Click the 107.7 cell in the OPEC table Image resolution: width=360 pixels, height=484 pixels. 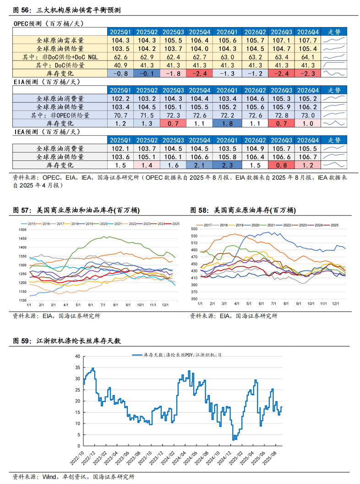tap(308, 40)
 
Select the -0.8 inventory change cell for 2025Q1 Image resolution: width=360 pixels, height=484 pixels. tap(120, 73)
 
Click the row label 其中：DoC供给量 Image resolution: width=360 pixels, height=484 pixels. tap(60, 65)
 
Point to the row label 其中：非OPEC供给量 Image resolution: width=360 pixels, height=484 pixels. tap(60, 115)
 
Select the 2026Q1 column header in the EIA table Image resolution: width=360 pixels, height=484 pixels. tap(227, 90)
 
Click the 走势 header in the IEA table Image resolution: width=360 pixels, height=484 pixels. tap(334, 140)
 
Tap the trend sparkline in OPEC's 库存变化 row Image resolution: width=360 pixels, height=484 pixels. tap(334, 73)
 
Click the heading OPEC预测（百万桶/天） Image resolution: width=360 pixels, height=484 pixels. tap(49, 23)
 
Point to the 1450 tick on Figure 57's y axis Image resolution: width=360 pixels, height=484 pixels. tap(22, 239)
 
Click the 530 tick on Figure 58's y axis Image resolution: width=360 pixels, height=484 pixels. tap(194, 236)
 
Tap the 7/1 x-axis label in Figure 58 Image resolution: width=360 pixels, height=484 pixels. tap(273, 304)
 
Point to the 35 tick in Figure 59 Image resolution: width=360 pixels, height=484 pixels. tap(77, 368)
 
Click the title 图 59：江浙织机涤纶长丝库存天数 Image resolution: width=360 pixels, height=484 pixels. tap(67, 341)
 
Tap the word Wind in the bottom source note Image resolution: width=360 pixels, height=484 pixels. tap(49, 477)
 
